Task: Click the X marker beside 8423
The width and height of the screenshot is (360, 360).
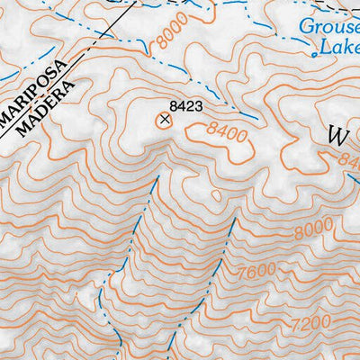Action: [x=164, y=118]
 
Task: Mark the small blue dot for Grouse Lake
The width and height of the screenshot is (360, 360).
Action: [x=313, y=55]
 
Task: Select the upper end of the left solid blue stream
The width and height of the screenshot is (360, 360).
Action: [x=158, y=178]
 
